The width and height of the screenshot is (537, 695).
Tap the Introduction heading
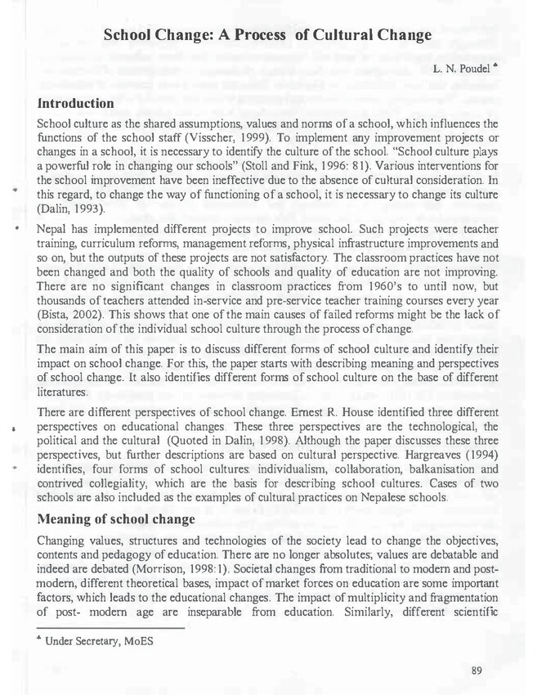pyautogui.click(x=76, y=103)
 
